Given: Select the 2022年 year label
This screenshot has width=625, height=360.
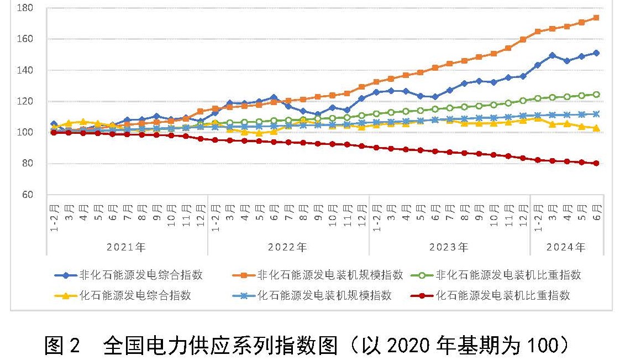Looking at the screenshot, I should (287, 247).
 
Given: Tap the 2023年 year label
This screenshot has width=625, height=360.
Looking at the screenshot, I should (449, 247).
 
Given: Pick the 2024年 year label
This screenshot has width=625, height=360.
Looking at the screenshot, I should (565, 247).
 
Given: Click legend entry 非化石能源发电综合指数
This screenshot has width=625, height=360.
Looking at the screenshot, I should (141, 275).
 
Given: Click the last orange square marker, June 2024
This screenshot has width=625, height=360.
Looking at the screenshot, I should (596, 18).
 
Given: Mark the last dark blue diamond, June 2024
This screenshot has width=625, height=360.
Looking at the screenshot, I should (596, 53).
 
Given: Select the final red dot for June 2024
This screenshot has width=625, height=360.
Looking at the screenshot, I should (596, 163).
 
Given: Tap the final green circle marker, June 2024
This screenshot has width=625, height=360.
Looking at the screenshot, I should (596, 94).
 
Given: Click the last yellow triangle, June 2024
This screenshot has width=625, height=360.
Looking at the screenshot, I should (596, 128).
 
